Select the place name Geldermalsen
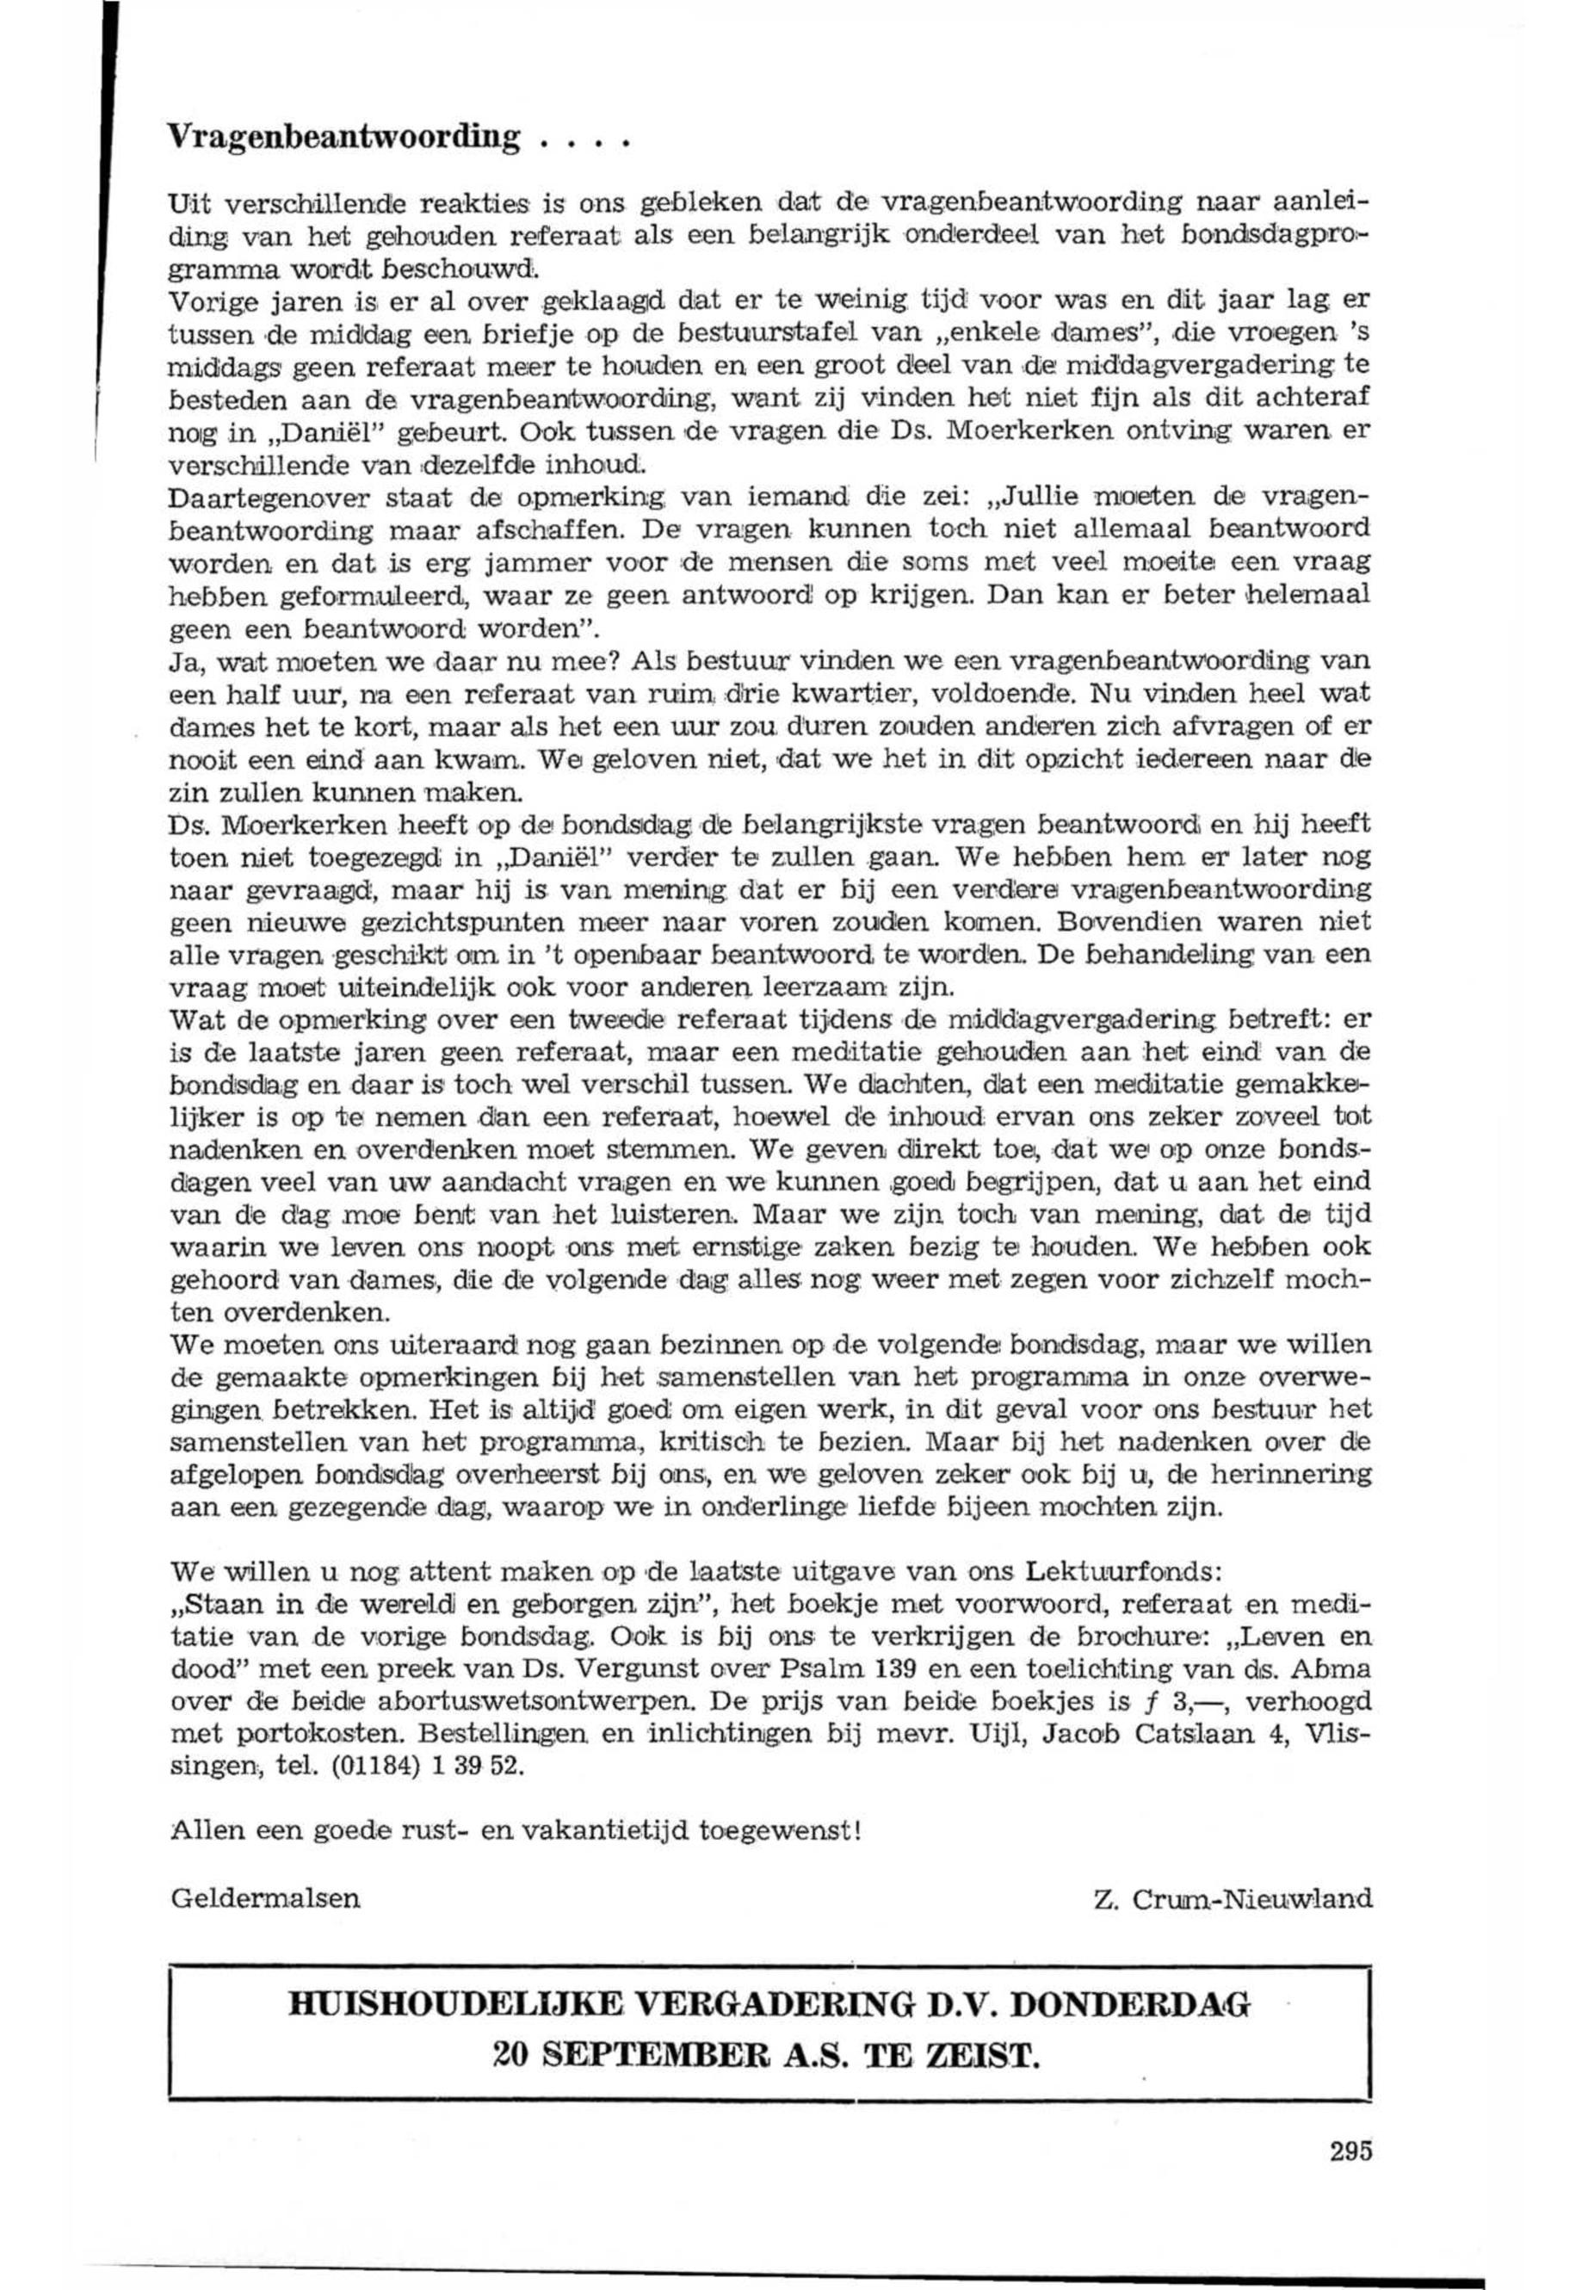[x=266, y=1898]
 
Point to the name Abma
[x=1334, y=1669]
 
